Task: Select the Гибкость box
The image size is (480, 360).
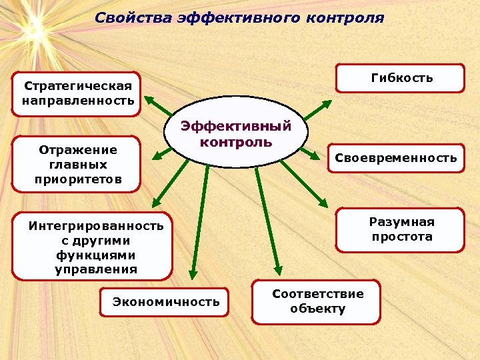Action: pos(401,78)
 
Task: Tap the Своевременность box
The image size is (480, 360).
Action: pos(395,158)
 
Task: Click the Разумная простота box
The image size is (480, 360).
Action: pos(401,230)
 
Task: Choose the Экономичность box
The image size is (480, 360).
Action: pos(165,302)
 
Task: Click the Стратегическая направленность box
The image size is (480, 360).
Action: pos(77,94)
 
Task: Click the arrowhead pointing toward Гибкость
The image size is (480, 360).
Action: pos(327,103)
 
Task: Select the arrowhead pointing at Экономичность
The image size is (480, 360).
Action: pos(192,273)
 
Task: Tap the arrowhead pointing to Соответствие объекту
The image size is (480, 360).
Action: pos(275,264)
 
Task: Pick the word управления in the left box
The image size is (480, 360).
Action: pos(96,269)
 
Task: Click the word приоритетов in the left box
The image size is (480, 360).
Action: pos(78,179)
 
